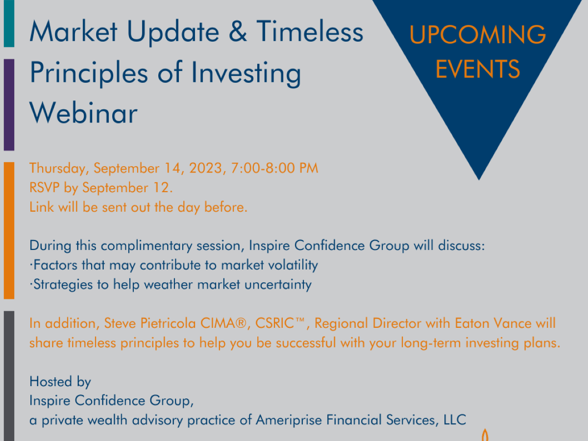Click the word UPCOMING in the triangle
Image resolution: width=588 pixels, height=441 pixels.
pos(478,34)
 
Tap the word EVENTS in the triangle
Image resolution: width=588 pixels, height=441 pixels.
pos(478,69)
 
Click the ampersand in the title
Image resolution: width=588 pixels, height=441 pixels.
pos(238,31)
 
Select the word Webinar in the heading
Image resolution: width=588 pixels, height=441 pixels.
pos(83,113)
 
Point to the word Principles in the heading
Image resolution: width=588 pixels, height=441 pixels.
pos(89,73)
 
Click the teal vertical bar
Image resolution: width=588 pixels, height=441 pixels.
pos(9,24)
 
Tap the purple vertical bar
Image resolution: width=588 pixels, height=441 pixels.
pos(9,105)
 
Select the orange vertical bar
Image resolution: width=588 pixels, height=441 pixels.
pos(9,230)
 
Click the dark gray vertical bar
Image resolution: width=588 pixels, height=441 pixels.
pos(9,376)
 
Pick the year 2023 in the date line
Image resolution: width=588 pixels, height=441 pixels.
pos(206,168)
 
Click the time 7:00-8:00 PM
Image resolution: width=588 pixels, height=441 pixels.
pos(274,168)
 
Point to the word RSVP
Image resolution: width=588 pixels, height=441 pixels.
pos(45,188)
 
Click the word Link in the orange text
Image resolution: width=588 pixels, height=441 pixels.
pos(42,207)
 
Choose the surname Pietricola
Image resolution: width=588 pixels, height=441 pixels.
pos(168,323)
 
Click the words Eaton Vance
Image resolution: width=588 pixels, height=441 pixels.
pos(493,323)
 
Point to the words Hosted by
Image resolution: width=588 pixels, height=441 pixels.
pos(60,382)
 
